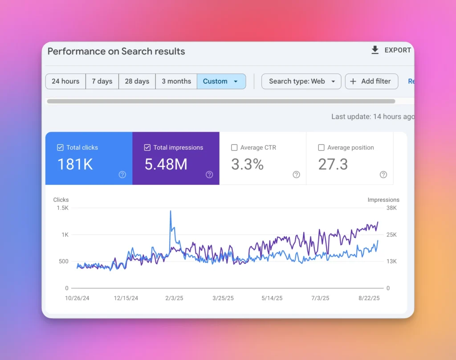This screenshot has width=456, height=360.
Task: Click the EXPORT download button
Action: point(391,50)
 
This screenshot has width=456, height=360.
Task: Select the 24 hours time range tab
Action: point(65,82)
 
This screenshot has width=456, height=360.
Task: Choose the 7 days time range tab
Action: point(102,82)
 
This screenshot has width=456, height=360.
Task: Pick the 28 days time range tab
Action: point(137,82)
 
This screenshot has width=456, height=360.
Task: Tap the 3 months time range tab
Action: point(176,82)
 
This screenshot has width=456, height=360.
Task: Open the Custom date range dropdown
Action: point(221,82)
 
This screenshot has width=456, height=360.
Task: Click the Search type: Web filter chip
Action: point(301,82)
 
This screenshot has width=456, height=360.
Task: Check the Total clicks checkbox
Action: point(60,147)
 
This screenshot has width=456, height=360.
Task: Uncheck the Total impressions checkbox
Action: point(147,147)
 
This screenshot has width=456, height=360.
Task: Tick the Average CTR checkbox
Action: point(234,147)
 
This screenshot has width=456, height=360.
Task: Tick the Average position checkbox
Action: point(321,147)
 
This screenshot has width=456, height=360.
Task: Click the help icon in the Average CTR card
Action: point(296,175)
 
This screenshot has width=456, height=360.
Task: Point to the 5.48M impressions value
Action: point(166,164)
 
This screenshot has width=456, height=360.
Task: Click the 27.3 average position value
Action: point(333,164)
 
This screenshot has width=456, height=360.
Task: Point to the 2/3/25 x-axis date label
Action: point(174,298)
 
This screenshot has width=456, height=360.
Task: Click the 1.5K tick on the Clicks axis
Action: point(62,208)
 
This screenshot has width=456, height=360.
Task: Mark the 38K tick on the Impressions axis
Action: point(391,208)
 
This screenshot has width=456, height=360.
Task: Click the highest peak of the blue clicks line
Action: point(171,211)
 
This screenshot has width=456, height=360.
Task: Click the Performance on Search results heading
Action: point(116,51)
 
